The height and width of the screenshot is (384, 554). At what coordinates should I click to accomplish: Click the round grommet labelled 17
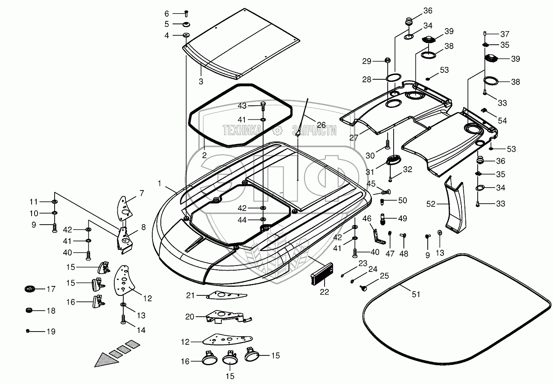pos(29,289)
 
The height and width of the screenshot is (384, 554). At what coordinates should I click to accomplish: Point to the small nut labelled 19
pos(28,331)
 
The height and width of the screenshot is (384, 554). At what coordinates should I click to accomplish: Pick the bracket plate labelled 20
pos(226,317)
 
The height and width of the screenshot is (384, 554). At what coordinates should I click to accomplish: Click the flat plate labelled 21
pos(223,295)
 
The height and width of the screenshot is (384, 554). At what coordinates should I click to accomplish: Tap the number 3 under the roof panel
pos(201,81)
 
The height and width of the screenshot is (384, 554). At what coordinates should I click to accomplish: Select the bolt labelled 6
pos(187,14)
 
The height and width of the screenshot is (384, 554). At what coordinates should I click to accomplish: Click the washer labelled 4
pos(186,35)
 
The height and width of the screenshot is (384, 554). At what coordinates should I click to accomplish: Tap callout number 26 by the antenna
pos(321,125)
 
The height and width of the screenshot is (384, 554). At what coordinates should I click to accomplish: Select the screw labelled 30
pos(388,143)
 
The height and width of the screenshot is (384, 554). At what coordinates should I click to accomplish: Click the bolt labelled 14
pos(123,319)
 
